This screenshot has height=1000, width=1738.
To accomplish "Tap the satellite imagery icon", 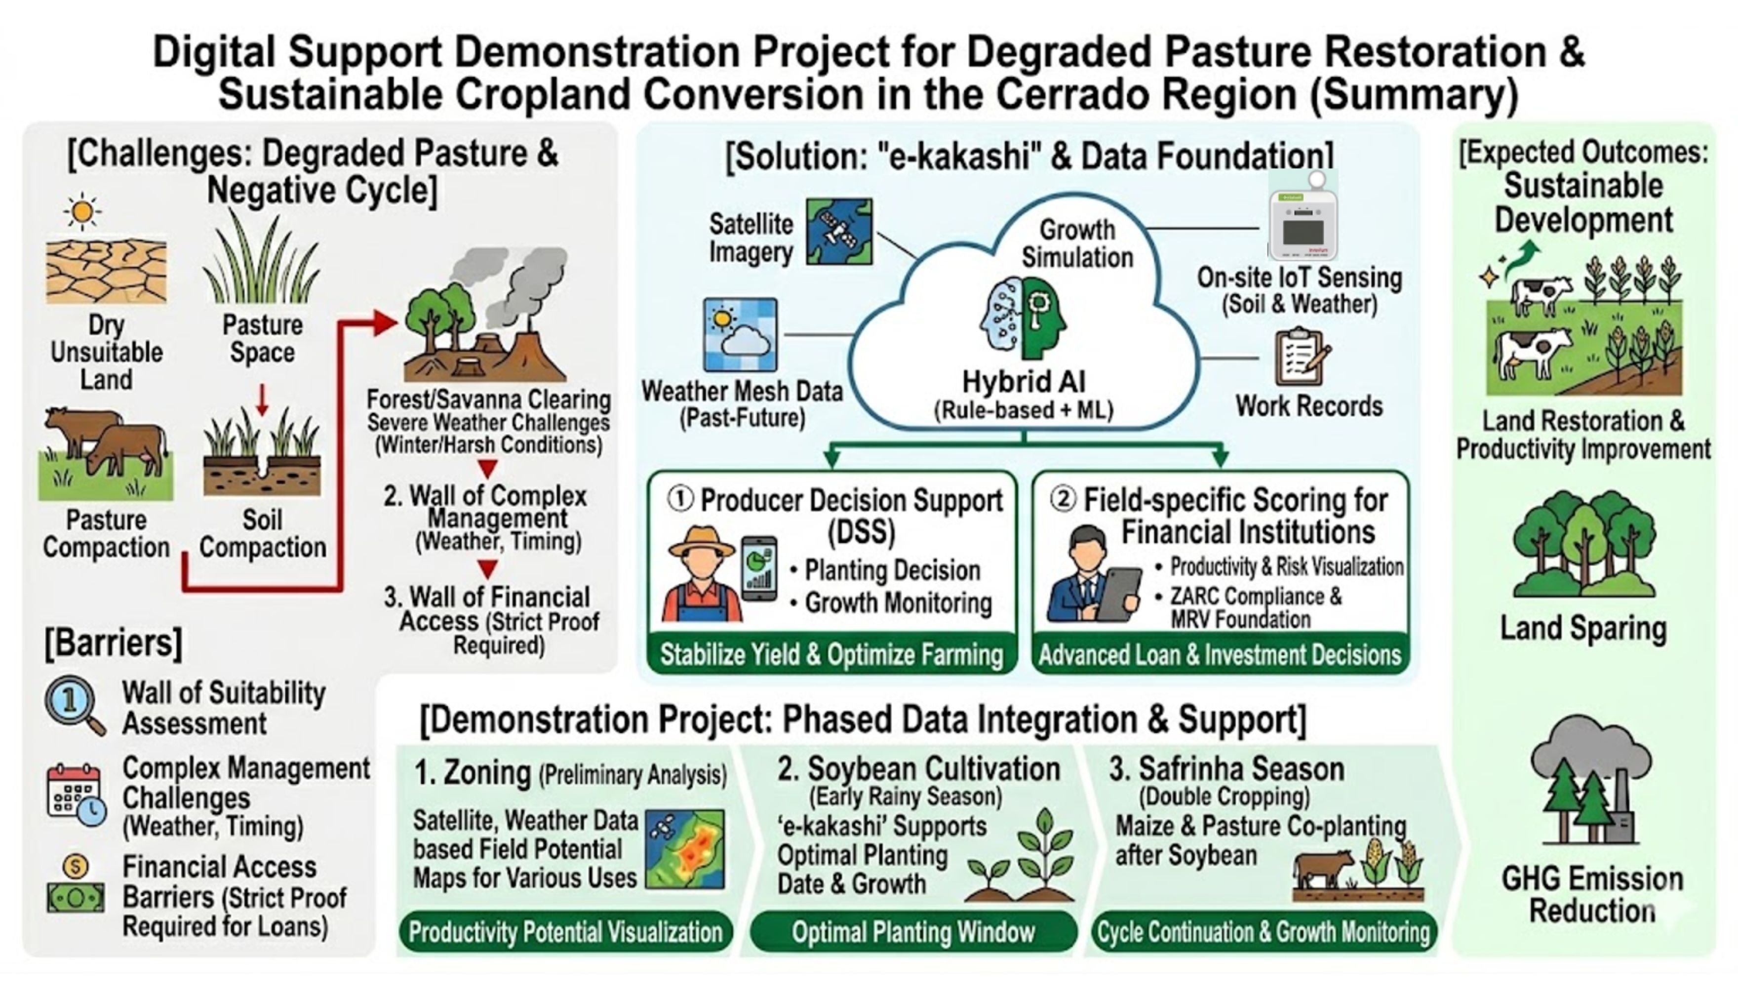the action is [x=839, y=232].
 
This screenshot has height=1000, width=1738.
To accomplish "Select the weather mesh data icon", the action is [x=740, y=334].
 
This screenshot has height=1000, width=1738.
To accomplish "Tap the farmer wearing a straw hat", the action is [x=702, y=573].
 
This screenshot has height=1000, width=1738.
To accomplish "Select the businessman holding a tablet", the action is [x=1092, y=573].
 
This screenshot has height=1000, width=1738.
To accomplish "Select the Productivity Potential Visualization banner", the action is [x=565, y=932].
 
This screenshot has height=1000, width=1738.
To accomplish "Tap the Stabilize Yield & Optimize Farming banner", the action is [x=831, y=654].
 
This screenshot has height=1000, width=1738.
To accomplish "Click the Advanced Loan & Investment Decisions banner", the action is [x=1220, y=654].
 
